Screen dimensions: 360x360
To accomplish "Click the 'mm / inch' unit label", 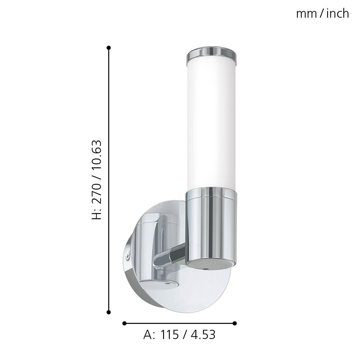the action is point(322,14).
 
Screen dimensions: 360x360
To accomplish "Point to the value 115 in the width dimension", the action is point(170,335).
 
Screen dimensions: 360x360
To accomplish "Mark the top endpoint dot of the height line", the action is point(109,48).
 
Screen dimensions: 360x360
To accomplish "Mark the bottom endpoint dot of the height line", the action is point(109,312).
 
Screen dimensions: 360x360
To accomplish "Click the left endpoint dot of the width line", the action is point(125,323).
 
